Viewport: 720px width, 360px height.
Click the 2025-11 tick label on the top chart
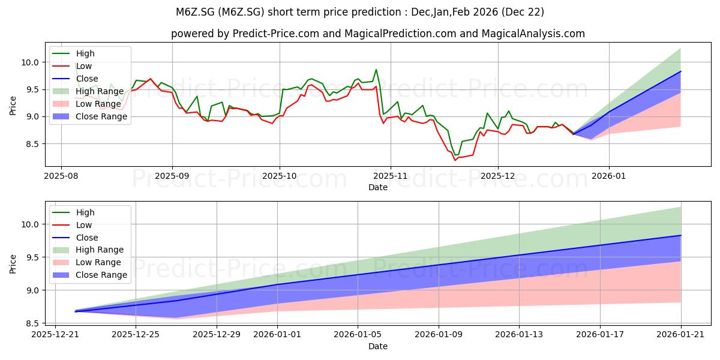coord(390,176)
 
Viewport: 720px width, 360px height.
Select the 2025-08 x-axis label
coord(61,176)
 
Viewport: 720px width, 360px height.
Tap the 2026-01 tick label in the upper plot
coord(609,176)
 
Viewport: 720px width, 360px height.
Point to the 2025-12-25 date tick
coord(136,334)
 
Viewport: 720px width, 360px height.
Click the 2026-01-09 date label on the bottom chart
coord(439,334)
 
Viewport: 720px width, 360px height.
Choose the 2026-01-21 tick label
coord(680,334)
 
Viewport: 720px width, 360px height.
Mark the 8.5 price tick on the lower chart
coord(32,323)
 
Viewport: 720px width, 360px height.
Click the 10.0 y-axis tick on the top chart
coord(30,62)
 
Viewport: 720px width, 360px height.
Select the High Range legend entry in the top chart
coord(88,91)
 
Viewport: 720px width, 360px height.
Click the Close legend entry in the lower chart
coord(75,238)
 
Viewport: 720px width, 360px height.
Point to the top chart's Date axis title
coord(377,187)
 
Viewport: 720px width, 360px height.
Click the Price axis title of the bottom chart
coord(13,264)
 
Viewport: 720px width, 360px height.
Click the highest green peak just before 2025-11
coord(376,70)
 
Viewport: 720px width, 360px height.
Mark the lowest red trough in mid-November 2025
coord(455,160)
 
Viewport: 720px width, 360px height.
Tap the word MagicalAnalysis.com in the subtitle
coord(533,34)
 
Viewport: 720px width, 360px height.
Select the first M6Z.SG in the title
coord(196,12)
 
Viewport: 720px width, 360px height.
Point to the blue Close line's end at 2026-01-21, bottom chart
coord(681,235)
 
